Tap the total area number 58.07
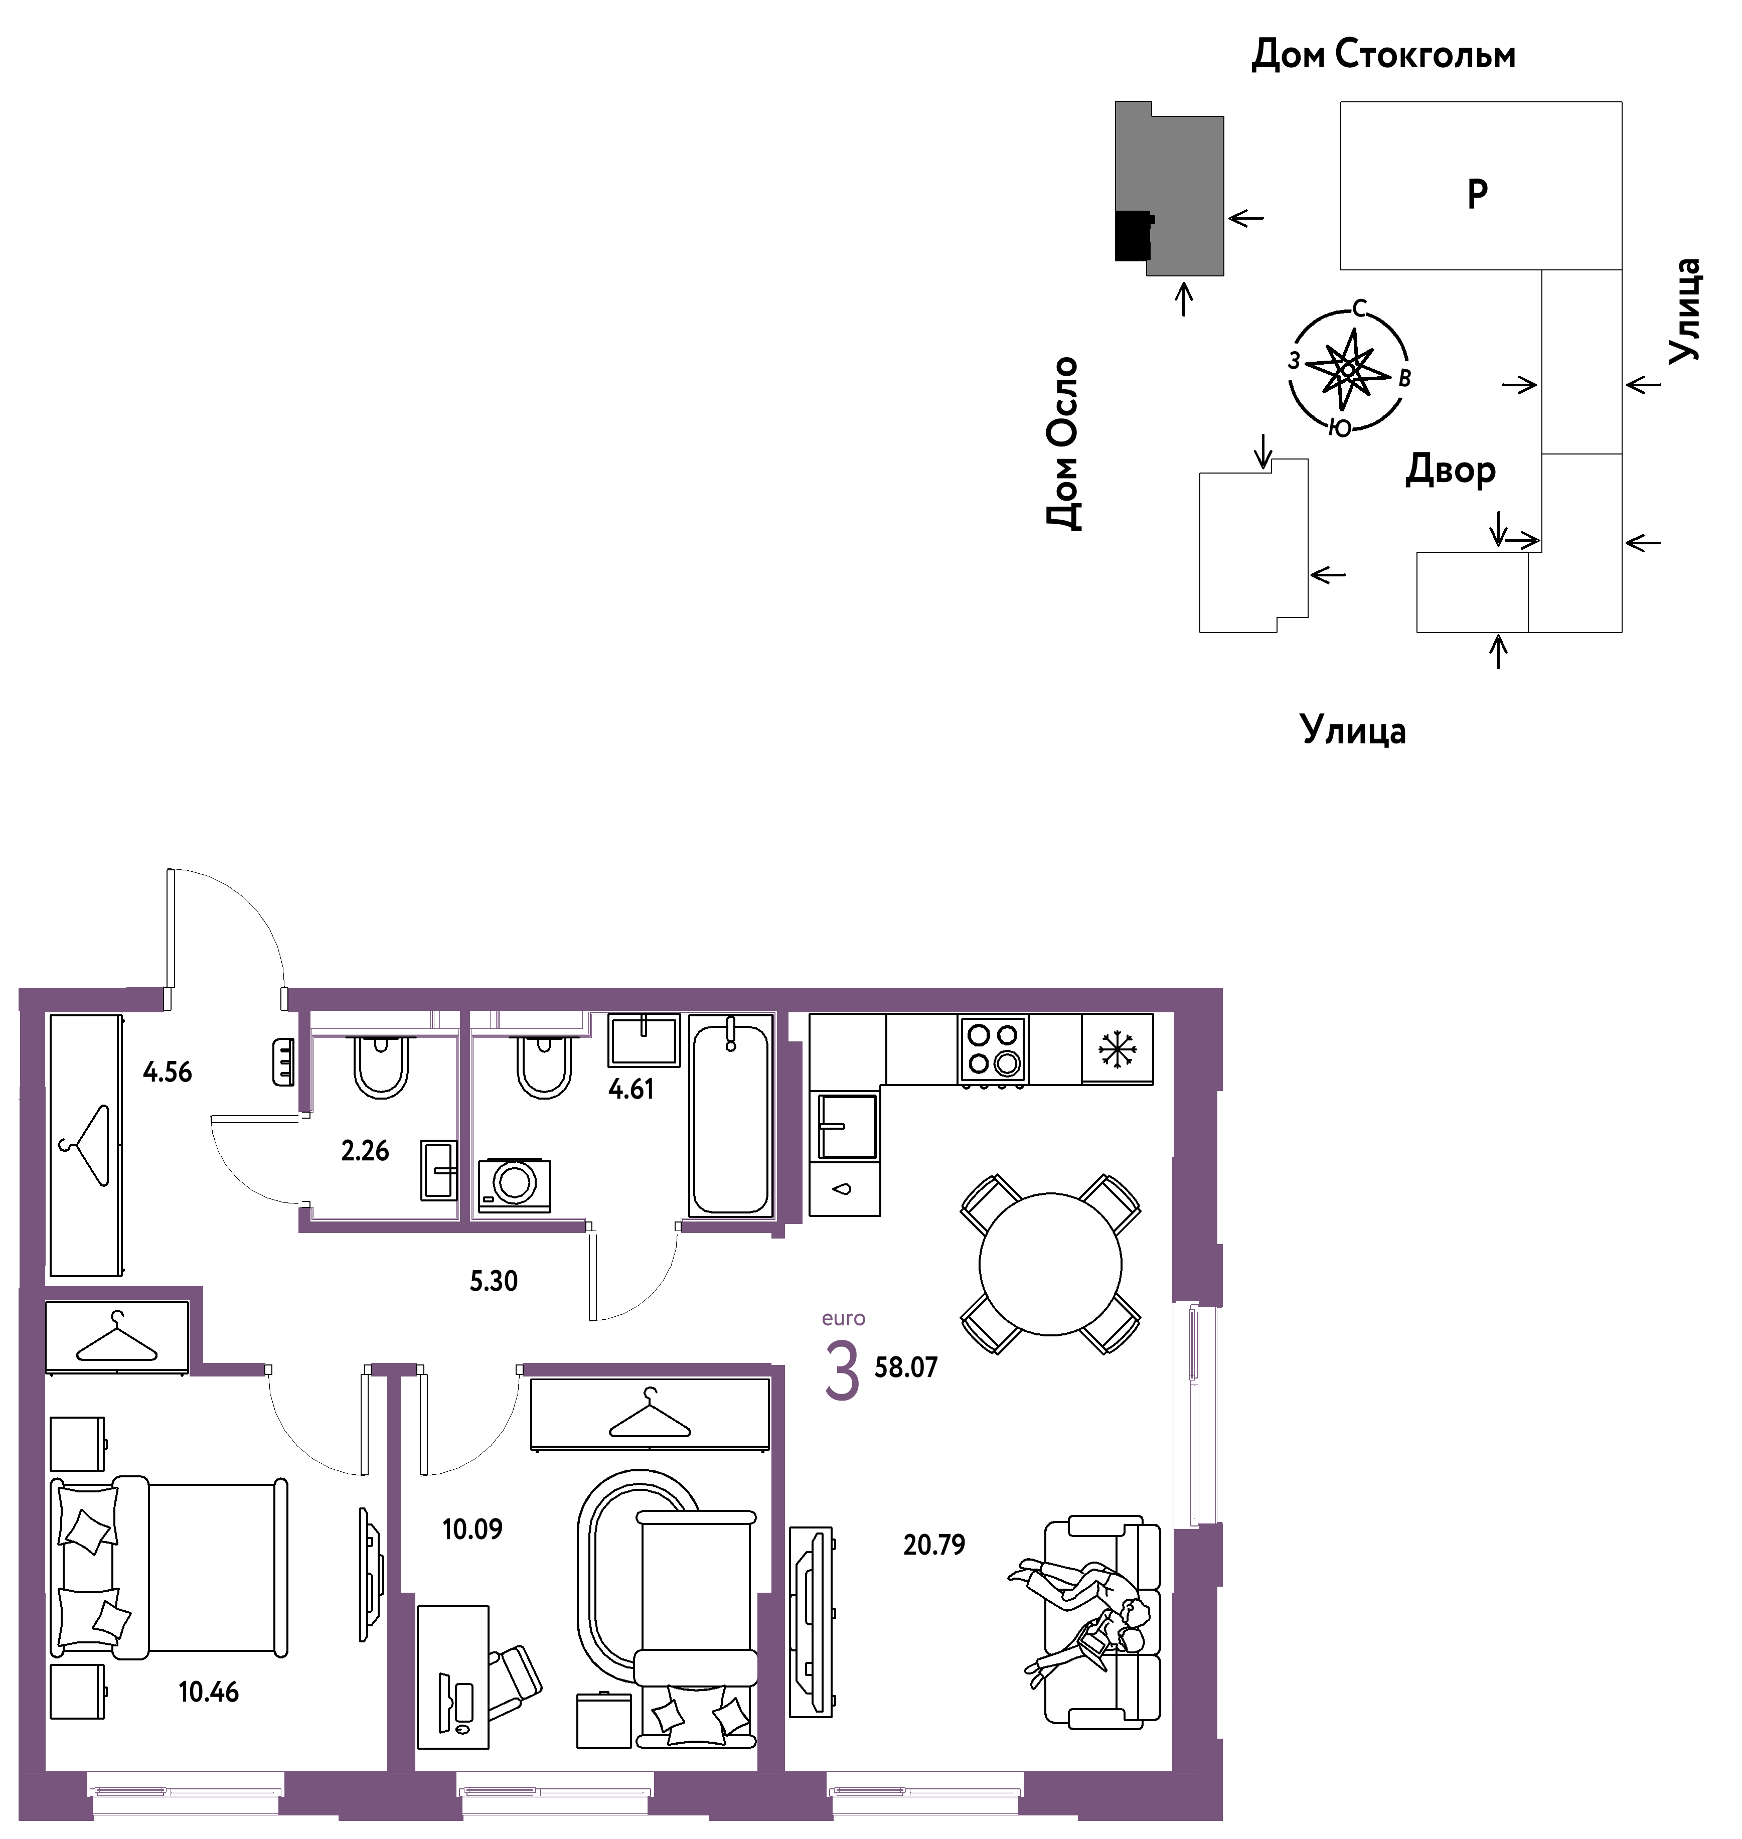click(x=906, y=1367)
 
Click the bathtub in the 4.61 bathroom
click(x=731, y=1115)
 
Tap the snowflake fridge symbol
click(x=1117, y=1048)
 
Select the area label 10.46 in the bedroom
click(x=209, y=1692)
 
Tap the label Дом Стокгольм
click(x=1383, y=55)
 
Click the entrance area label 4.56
click(x=167, y=1072)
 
